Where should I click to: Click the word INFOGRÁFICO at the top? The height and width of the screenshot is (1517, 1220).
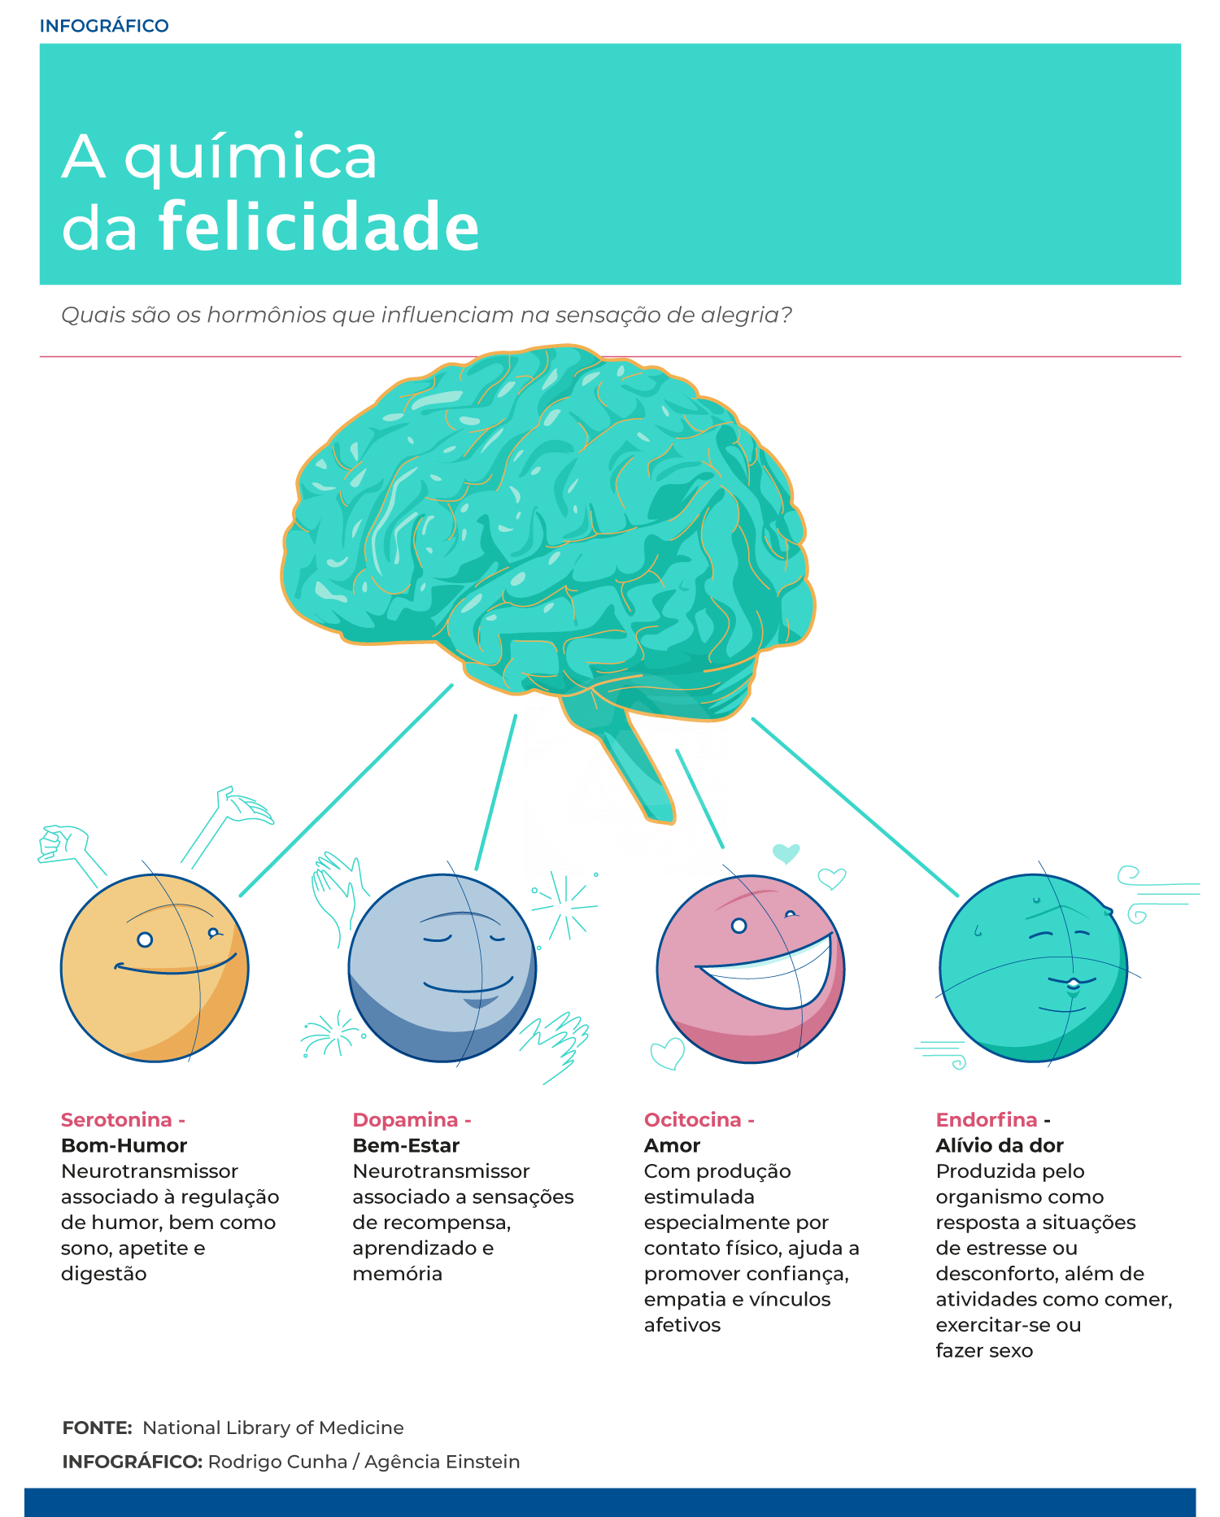[104, 26]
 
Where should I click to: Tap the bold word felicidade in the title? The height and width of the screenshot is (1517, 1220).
[319, 226]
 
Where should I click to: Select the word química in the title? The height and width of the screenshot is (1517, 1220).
[251, 158]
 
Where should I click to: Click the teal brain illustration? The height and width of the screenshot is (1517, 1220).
[547, 529]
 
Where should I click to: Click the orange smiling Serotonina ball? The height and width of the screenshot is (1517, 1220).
[155, 968]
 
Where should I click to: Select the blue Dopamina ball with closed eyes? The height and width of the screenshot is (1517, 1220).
[442, 968]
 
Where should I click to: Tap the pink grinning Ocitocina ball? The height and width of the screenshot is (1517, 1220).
[751, 969]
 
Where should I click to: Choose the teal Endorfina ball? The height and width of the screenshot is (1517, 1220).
[1034, 968]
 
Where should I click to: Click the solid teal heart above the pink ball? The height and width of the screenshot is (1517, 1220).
[786, 852]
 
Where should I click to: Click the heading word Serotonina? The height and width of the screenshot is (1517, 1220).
[116, 1120]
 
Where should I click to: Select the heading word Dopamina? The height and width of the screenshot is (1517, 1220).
[405, 1120]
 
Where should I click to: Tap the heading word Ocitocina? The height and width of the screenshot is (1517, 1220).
[692, 1120]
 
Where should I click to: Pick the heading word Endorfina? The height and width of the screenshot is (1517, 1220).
[987, 1120]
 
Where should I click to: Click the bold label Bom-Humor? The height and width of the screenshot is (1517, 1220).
[124, 1145]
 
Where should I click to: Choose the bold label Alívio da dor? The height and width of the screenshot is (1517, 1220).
[1000, 1145]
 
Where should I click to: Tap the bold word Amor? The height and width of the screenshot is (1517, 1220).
[672, 1145]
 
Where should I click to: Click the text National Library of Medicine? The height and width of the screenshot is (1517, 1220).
[272, 1428]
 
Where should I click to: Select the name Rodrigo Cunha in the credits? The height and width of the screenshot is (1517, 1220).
[277, 1462]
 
